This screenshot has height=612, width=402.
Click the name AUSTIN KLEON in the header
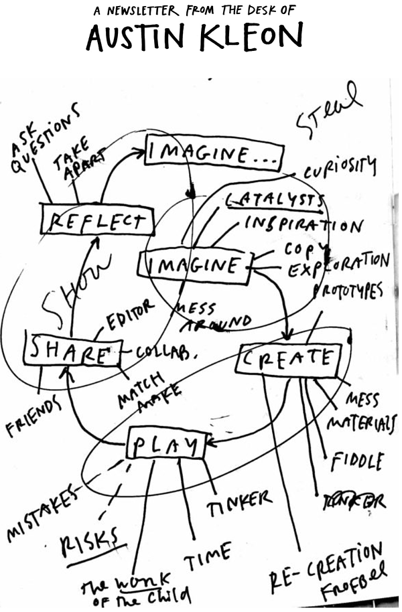(x=194, y=38)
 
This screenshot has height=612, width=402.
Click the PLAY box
(x=165, y=445)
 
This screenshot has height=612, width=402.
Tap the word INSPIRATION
(x=305, y=224)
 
